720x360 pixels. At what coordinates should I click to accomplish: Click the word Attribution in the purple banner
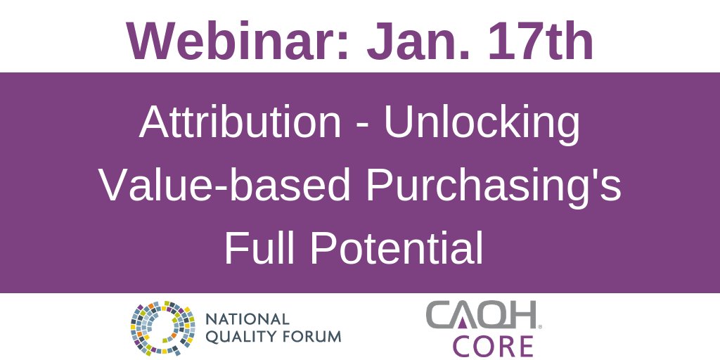pyautogui.click(x=240, y=123)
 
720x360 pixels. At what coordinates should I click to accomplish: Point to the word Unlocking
pyautogui.click(x=482, y=123)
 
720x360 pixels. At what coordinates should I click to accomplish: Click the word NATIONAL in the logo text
pyautogui.click(x=247, y=319)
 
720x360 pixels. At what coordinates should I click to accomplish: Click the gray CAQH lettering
pyautogui.click(x=482, y=316)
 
